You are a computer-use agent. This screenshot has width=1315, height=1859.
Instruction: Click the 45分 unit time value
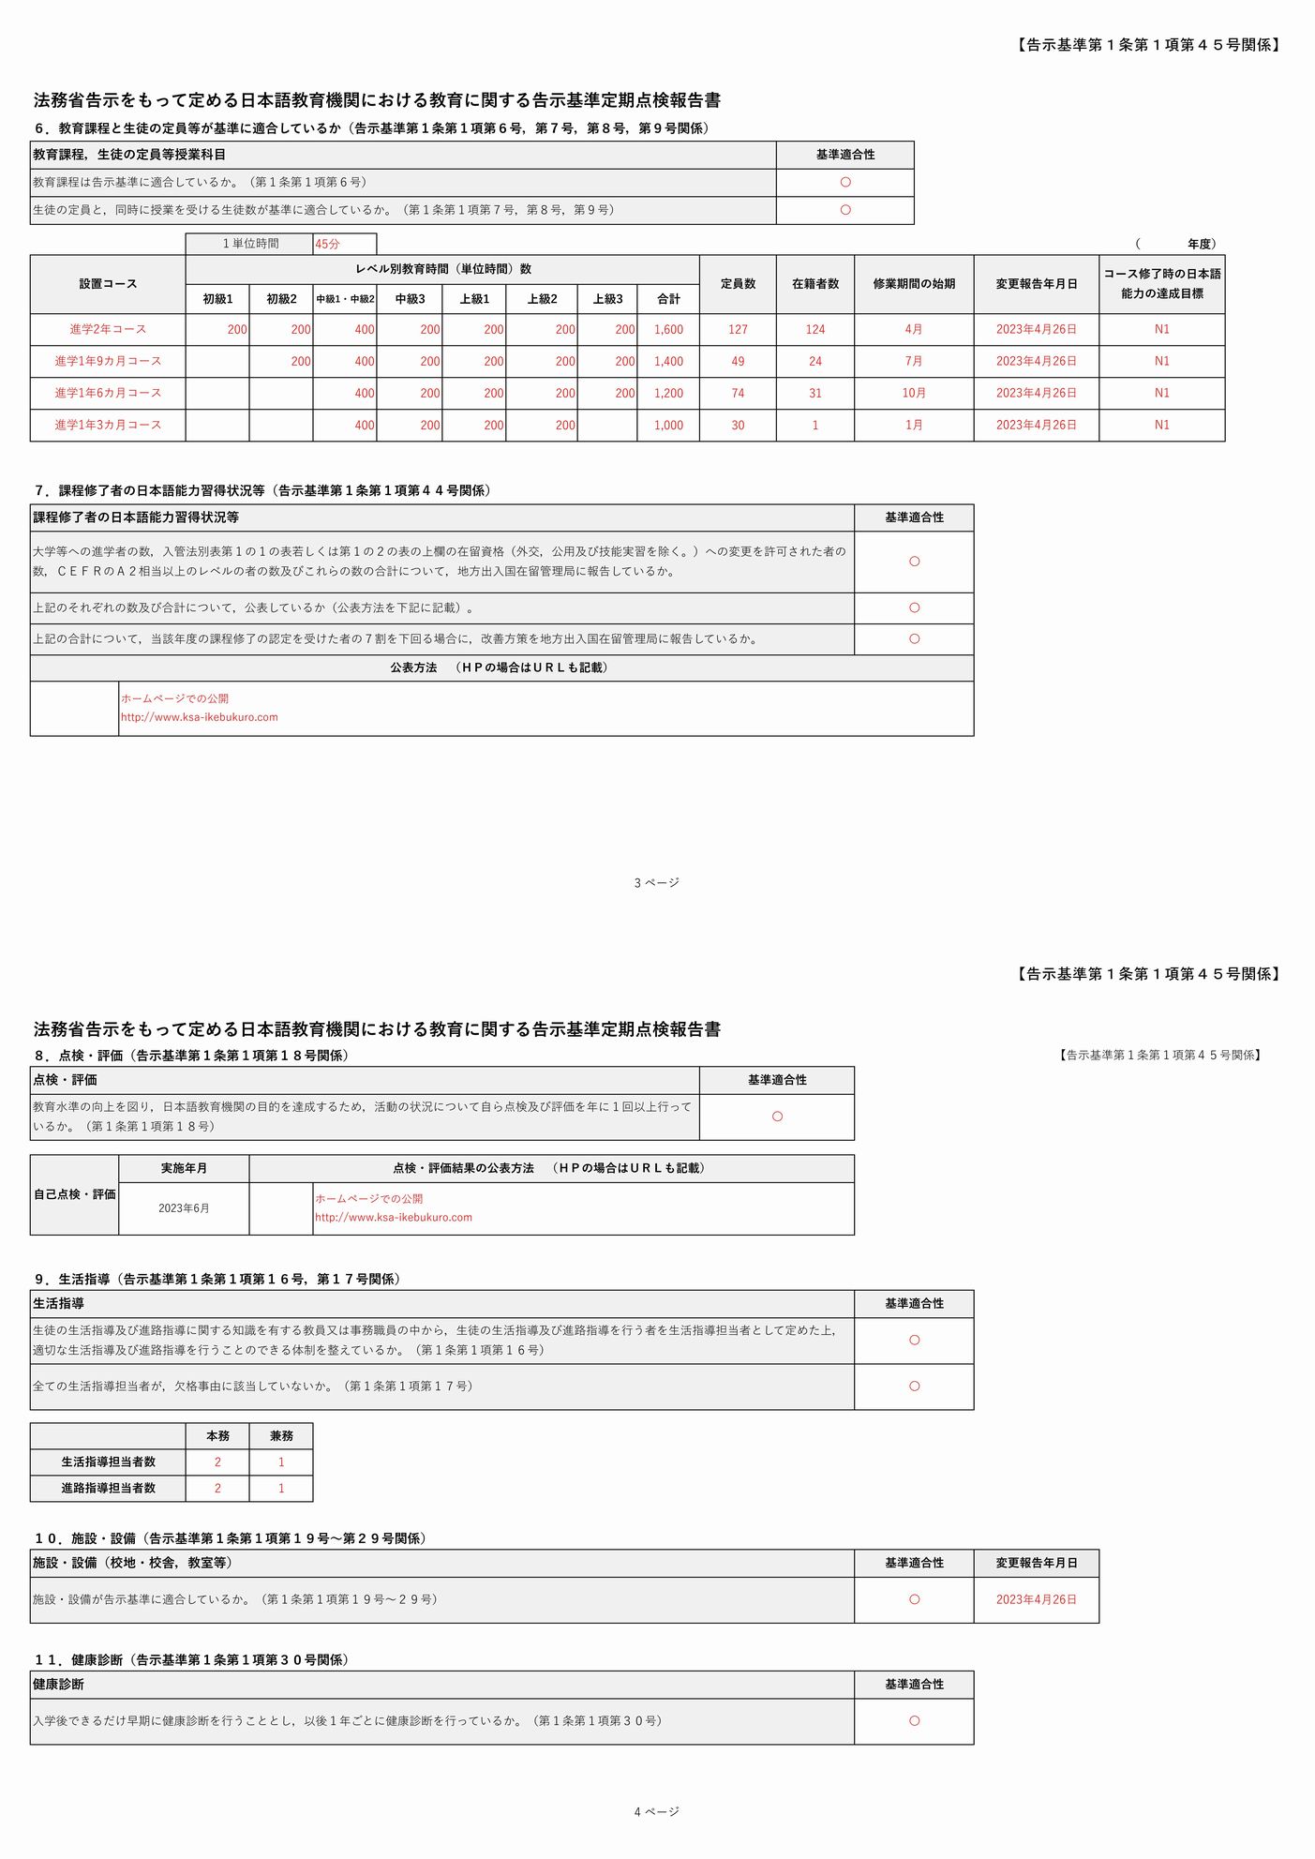[x=328, y=244]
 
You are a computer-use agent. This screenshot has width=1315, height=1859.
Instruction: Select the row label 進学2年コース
[x=108, y=329]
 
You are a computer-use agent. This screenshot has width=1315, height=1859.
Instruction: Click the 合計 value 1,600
[x=668, y=329]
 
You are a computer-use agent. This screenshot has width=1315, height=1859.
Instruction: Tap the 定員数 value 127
[x=738, y=329]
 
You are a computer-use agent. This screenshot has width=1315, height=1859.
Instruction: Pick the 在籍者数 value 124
[x=815, y=329]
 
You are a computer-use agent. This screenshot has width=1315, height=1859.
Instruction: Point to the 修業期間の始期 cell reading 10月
[x=914, y=393]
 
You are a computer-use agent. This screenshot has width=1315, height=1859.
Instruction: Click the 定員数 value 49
[x=738, y=361]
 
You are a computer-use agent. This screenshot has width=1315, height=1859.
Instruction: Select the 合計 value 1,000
[x=668, y=425]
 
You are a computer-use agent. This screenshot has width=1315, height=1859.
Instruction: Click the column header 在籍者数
[x=815, y=283]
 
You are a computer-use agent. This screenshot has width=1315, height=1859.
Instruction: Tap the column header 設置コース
[x=108, y=283]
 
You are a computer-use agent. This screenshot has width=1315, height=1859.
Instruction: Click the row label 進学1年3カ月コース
[x=108, y=425]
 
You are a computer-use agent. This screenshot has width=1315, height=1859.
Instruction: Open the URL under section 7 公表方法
[x=199, y=717]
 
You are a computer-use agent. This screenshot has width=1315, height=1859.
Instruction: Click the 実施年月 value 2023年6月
[x=184, y=1208]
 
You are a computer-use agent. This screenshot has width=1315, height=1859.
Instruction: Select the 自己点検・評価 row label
[x=75, y=1194]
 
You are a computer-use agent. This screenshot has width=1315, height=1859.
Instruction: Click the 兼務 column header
[x=281, y=1436]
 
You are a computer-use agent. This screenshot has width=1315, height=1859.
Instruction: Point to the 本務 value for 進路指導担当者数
[x=217, y=1488]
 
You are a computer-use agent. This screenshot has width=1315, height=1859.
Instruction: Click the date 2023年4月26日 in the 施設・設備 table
[x=1036, y=1599]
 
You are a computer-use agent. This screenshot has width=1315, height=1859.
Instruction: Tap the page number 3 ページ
[x=656, y=882]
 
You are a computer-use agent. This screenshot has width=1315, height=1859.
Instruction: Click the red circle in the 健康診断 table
[x=914, y=1720]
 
